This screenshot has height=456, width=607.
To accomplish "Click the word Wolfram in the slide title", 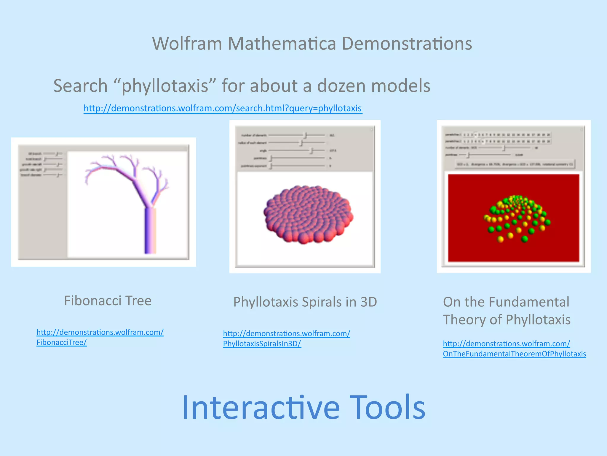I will click(187, 44).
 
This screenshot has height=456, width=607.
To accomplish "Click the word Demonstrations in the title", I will click(407, 44).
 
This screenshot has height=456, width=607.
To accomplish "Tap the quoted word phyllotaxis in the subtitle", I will click(165, 86).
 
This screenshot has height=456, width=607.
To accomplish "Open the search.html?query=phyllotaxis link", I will click(223, 108).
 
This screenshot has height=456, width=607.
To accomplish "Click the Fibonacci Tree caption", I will click(108, 301).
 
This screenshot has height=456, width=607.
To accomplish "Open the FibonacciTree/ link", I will click(62, 343).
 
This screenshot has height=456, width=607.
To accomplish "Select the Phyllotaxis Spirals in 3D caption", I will click(305, 302).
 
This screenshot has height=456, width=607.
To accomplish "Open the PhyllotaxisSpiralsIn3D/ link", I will click(262, 344).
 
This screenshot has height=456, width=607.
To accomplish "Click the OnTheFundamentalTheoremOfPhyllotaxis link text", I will click(514, 354).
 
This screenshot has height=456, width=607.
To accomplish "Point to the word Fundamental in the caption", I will click(529, 302).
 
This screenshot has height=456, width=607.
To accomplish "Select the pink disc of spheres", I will click(308, 214).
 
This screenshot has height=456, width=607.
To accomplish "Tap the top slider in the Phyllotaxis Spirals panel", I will click(296, 135).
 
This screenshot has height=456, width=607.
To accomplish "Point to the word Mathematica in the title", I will click(282, 44).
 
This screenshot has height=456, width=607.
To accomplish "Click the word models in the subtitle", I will click(401, 86).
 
